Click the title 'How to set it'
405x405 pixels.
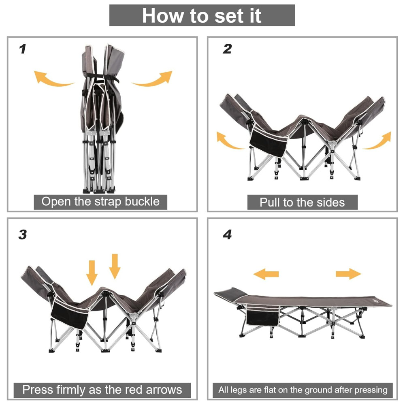202,15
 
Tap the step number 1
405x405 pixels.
23,49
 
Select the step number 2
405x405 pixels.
227,49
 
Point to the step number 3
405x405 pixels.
23,234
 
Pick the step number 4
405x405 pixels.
227,234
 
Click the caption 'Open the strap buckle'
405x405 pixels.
100,202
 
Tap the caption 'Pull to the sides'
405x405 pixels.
302,202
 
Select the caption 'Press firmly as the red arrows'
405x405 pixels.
102,390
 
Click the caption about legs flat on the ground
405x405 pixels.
303,390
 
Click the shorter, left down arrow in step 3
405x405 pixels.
92,273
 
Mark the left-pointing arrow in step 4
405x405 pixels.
266,274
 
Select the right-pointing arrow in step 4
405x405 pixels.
348,274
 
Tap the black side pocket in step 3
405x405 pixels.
70,315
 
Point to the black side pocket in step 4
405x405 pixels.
263,316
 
